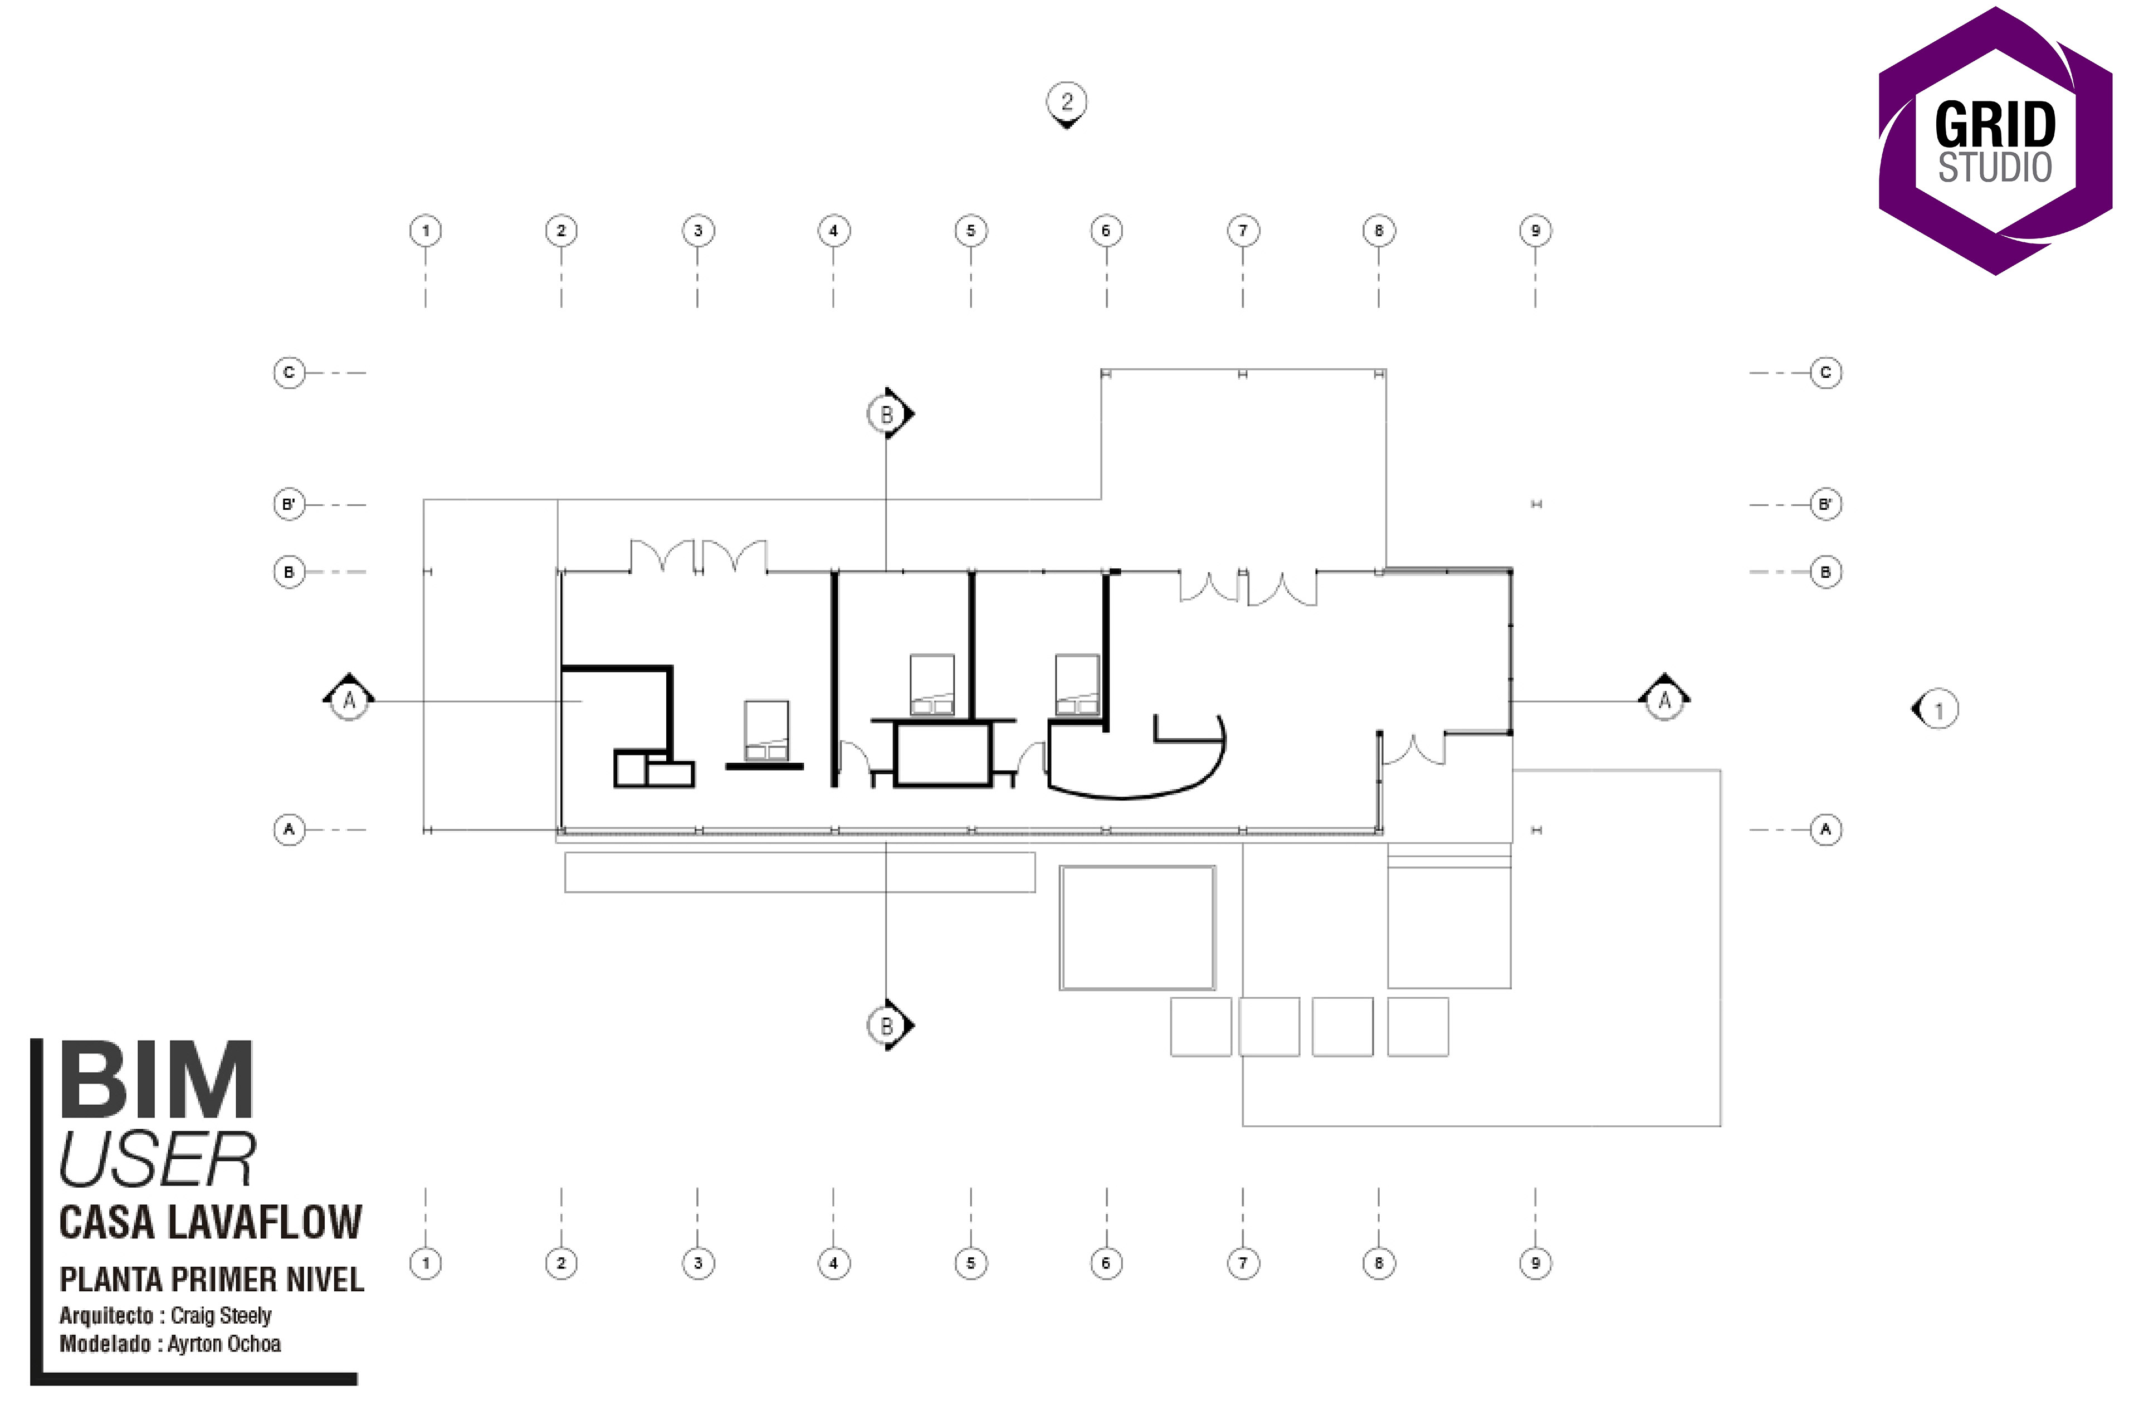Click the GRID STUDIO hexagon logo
(x=1995, y=140)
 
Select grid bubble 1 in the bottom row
(x=426, y=1263)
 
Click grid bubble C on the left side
(x=289, y=372)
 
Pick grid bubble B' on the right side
(x=1825, y=504)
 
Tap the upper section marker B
(x=887, y=414)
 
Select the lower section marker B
(x=887, y=1025)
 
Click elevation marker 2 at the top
(x=1067, y=103)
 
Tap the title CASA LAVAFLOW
(x=210, y=1223)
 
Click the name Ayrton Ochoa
(x=224, y=1344)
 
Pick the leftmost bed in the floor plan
(x=766, y=730)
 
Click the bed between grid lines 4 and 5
(x=932, y=685)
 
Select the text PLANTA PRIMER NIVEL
(x=212, y=1280)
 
